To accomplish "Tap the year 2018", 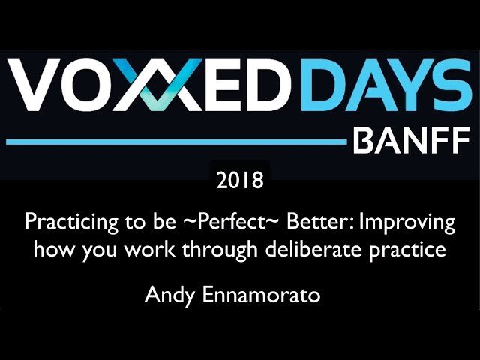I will click(239, 181).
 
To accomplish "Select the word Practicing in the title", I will click(59, 223).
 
